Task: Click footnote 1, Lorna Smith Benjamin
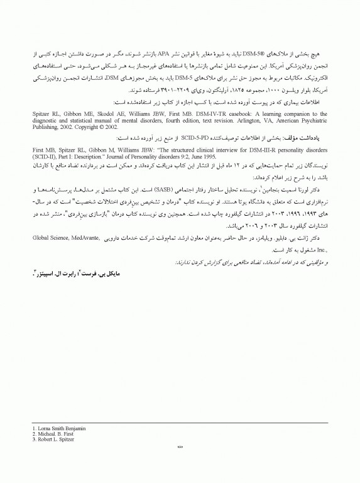click(58, 428)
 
